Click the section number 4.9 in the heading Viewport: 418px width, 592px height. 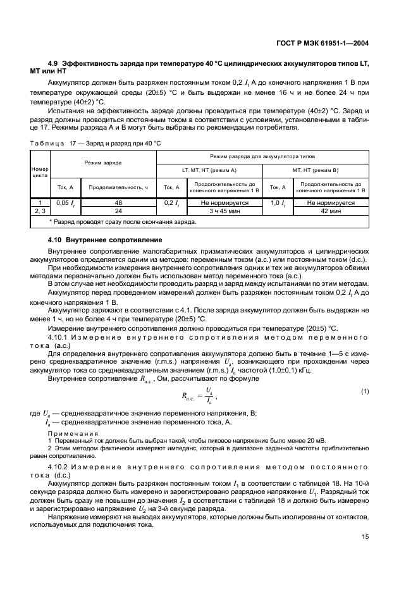[54, 65]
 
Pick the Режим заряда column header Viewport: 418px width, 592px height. [103, 163]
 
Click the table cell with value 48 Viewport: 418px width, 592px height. [118, 203]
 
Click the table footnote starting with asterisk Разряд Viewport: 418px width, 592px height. [123, 222]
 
